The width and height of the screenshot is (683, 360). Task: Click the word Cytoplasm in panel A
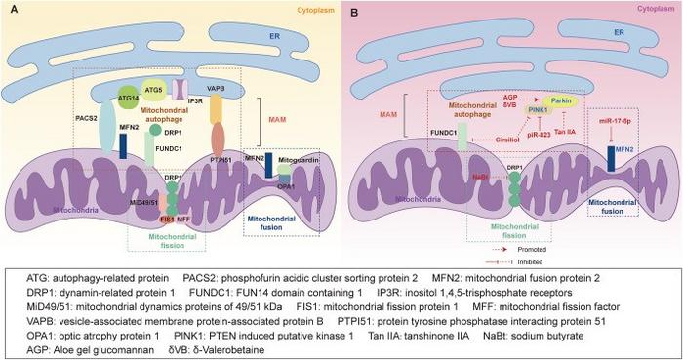(x=311, y=13)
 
